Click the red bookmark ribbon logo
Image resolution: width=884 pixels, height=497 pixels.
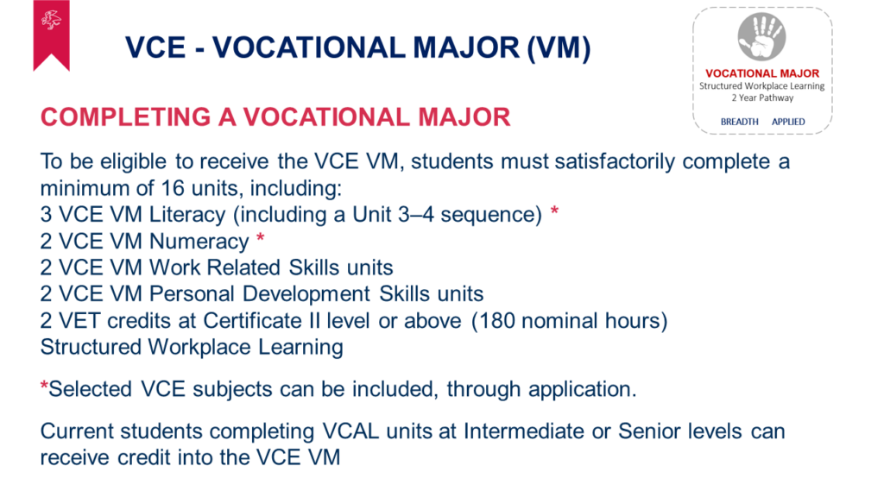[51, 35]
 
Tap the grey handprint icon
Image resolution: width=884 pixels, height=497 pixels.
[761, 36]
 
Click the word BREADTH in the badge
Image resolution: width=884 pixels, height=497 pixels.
[739, 122]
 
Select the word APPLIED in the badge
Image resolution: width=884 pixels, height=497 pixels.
[788, 122]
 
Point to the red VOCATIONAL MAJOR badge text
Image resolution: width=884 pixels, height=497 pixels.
[762, 73]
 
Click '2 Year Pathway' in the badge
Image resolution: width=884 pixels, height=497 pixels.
[762, 98]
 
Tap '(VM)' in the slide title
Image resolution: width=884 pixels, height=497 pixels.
[559, 47]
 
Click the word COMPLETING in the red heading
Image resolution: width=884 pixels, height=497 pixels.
[125, 117]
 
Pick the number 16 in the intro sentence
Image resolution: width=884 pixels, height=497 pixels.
[173, 188]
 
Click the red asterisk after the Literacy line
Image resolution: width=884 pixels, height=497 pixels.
[555, 211]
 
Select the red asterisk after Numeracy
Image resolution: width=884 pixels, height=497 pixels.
[261, 237]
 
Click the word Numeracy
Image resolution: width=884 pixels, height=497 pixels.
[199, 242]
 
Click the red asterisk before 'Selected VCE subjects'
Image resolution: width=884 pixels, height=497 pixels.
[44, 386]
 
